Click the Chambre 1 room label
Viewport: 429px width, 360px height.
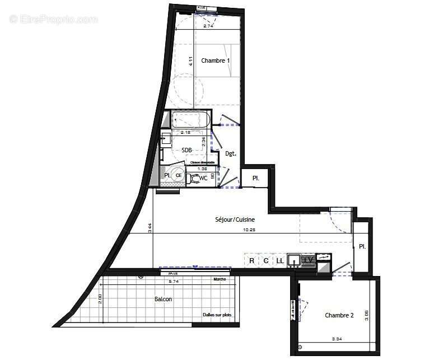click(216, 60)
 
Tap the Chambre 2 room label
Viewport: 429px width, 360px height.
click(339, 316)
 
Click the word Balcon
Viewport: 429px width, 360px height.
click(163, 300)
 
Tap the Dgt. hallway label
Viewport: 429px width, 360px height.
click(230, 153)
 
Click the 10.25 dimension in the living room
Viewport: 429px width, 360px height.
click(250, 229)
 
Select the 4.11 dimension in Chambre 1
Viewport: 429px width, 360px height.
click(191, 62)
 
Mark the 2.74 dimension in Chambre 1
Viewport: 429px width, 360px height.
click(208, 26)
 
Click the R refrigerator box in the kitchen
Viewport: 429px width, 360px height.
click(251, 260)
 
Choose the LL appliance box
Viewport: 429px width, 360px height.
click(279, 260)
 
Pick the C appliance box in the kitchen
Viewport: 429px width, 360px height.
click(265, 260)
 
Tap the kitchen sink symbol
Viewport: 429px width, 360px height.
click(294, 260)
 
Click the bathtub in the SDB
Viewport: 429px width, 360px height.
click(191, 119)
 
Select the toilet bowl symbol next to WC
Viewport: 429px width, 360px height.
click(194, 179)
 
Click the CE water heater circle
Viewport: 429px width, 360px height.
click(178, 175)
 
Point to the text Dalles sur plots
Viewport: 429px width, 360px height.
click(217, 315)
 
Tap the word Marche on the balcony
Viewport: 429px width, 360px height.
click(219, 279)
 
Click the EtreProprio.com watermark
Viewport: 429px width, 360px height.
click(54, 19)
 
